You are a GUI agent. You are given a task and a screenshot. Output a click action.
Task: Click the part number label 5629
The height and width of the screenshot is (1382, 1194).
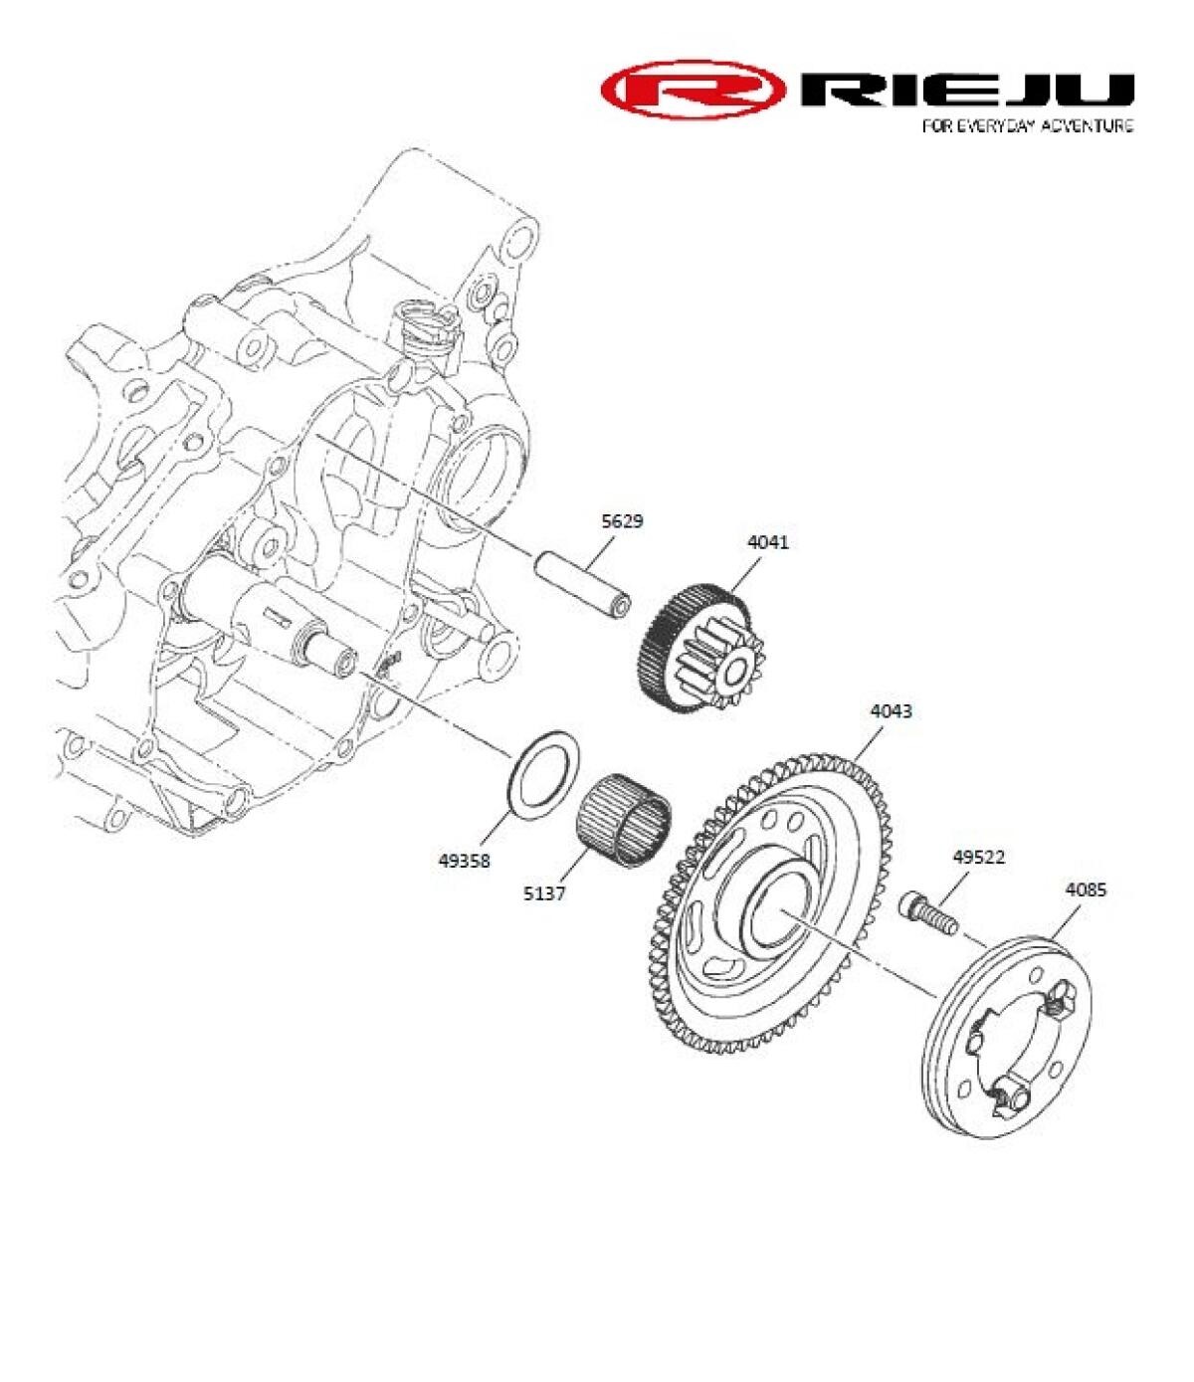pos(622,520)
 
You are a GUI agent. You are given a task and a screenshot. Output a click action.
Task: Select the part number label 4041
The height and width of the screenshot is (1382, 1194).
pos(768,542)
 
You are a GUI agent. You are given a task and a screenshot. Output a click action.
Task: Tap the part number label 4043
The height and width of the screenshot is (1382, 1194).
pos(891,711)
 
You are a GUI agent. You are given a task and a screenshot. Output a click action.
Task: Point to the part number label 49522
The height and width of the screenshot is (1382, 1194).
pos(978,857)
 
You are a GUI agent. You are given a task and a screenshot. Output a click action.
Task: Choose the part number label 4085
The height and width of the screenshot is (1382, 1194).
pos(1085,890)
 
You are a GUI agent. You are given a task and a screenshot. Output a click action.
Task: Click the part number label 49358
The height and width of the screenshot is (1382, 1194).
pos(464,862)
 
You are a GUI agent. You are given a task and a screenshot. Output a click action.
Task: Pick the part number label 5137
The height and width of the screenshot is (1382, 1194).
pos(544,893)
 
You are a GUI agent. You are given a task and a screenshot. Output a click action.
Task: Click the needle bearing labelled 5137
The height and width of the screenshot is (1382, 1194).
pos(624,812)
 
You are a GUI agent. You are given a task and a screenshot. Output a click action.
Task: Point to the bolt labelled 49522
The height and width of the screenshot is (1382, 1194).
pos(931,912)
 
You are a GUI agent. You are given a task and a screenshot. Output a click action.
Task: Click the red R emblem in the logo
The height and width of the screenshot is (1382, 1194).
pos(696,90)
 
